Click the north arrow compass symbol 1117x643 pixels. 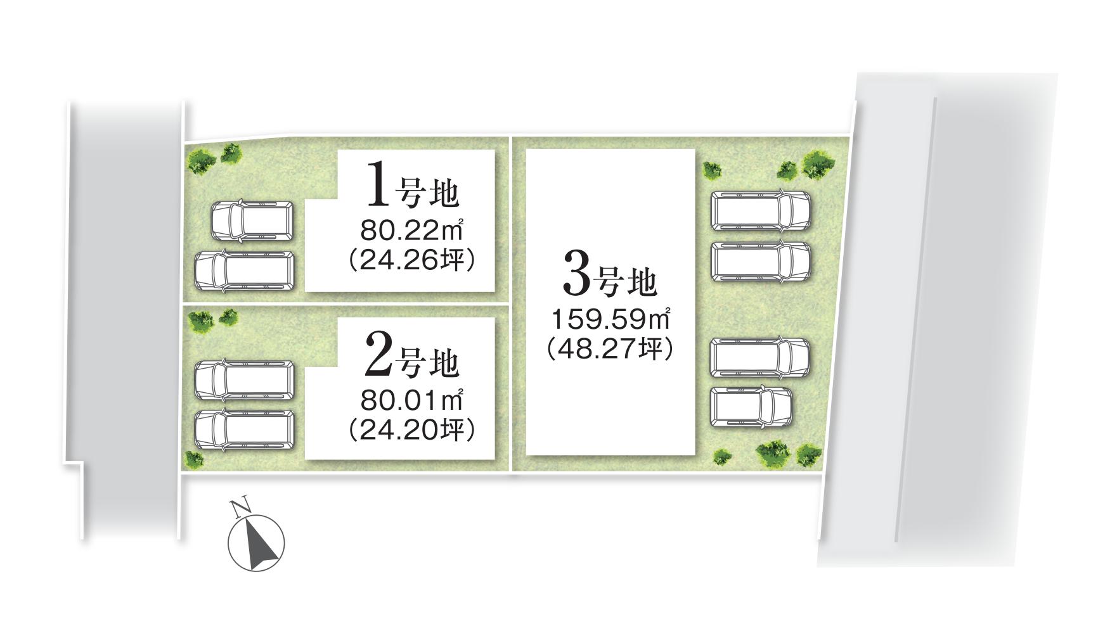(x=257, y=542)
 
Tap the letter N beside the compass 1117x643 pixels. (x=239, y=507)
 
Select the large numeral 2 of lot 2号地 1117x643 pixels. (x=379, y=355)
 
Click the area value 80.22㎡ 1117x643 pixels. (x=411, y=231)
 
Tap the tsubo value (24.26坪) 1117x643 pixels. (x=412, y=261)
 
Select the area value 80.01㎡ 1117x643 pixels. (x=411, y=400)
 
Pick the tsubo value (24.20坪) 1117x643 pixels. (x=412, y=430)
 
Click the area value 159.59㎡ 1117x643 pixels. (x=610, y=319)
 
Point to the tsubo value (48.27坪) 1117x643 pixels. (x=610, y=349)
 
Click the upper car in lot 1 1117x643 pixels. (x=252, y=220)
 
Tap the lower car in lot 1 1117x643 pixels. (x=244, y=271)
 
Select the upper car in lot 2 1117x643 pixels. (x=244, y=380)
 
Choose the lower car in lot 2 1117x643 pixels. (x=244, y=430)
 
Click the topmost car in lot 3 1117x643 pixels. (x=761, y=210)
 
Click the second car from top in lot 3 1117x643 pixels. (x=761, y=261)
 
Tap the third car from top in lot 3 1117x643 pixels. (x=760, y=359)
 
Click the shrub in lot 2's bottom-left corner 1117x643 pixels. (x=193, y=459)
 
